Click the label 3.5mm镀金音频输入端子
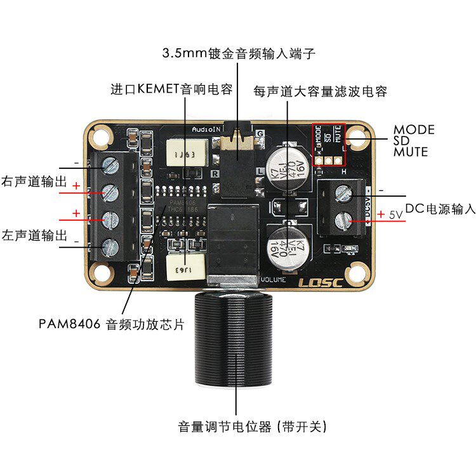pos(239,53)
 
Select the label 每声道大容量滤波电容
pos(320,91)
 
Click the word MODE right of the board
pos(414,129)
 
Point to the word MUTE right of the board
pos(411,152)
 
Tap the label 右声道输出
pos(35,181)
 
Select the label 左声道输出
pos(35,235)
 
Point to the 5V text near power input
pos(396,215)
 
